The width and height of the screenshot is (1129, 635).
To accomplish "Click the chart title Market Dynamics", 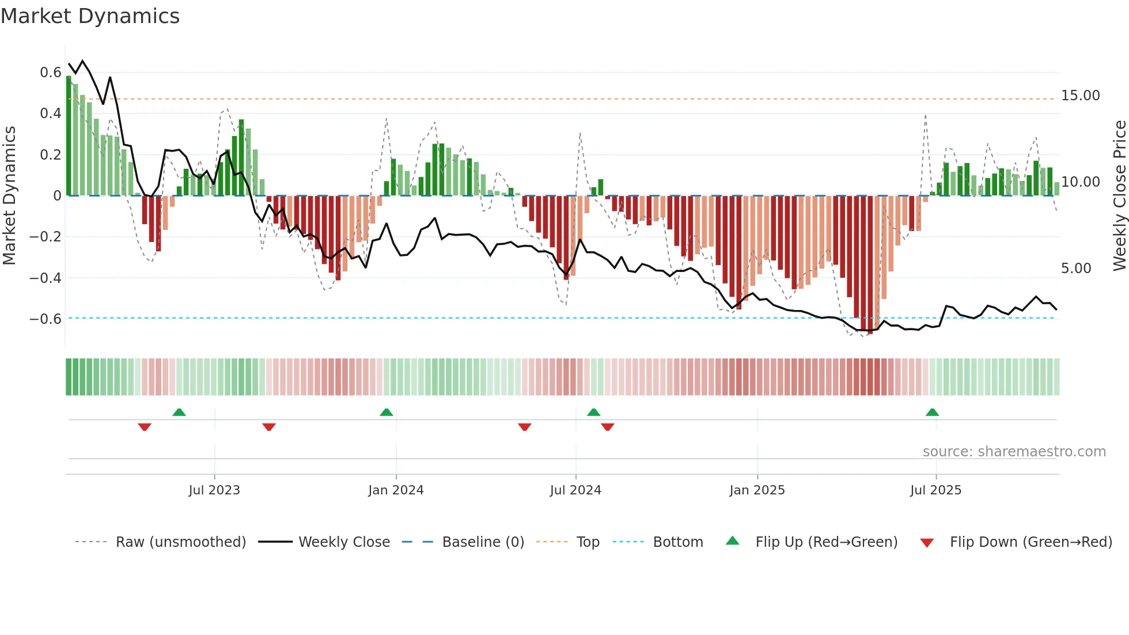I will click(90, 16).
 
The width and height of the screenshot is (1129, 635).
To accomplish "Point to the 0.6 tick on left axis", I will click(50, 73).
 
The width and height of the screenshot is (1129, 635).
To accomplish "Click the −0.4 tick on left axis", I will click(46, 278).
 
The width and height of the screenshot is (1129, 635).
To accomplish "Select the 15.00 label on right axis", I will click(1080, 96).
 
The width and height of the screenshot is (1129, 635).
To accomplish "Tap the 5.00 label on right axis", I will click(1075, 269).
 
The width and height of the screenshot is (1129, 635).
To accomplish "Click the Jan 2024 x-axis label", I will click(396, 490).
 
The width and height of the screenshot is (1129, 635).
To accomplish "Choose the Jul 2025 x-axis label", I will click(935, 490).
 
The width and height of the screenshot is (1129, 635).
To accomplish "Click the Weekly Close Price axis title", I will click(1119, 195).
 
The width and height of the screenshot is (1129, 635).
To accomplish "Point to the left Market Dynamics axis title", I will click(9, 195).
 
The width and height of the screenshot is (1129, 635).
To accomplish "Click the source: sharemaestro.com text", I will click(1014, 452).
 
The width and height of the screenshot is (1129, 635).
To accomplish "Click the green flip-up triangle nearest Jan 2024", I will click(387, 413).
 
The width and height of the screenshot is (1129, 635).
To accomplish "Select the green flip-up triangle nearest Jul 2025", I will click(932, 413).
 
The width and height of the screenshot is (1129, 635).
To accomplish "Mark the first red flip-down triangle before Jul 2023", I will click(145, 427).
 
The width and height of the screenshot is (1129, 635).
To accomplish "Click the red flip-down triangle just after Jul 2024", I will click(607, 427).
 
